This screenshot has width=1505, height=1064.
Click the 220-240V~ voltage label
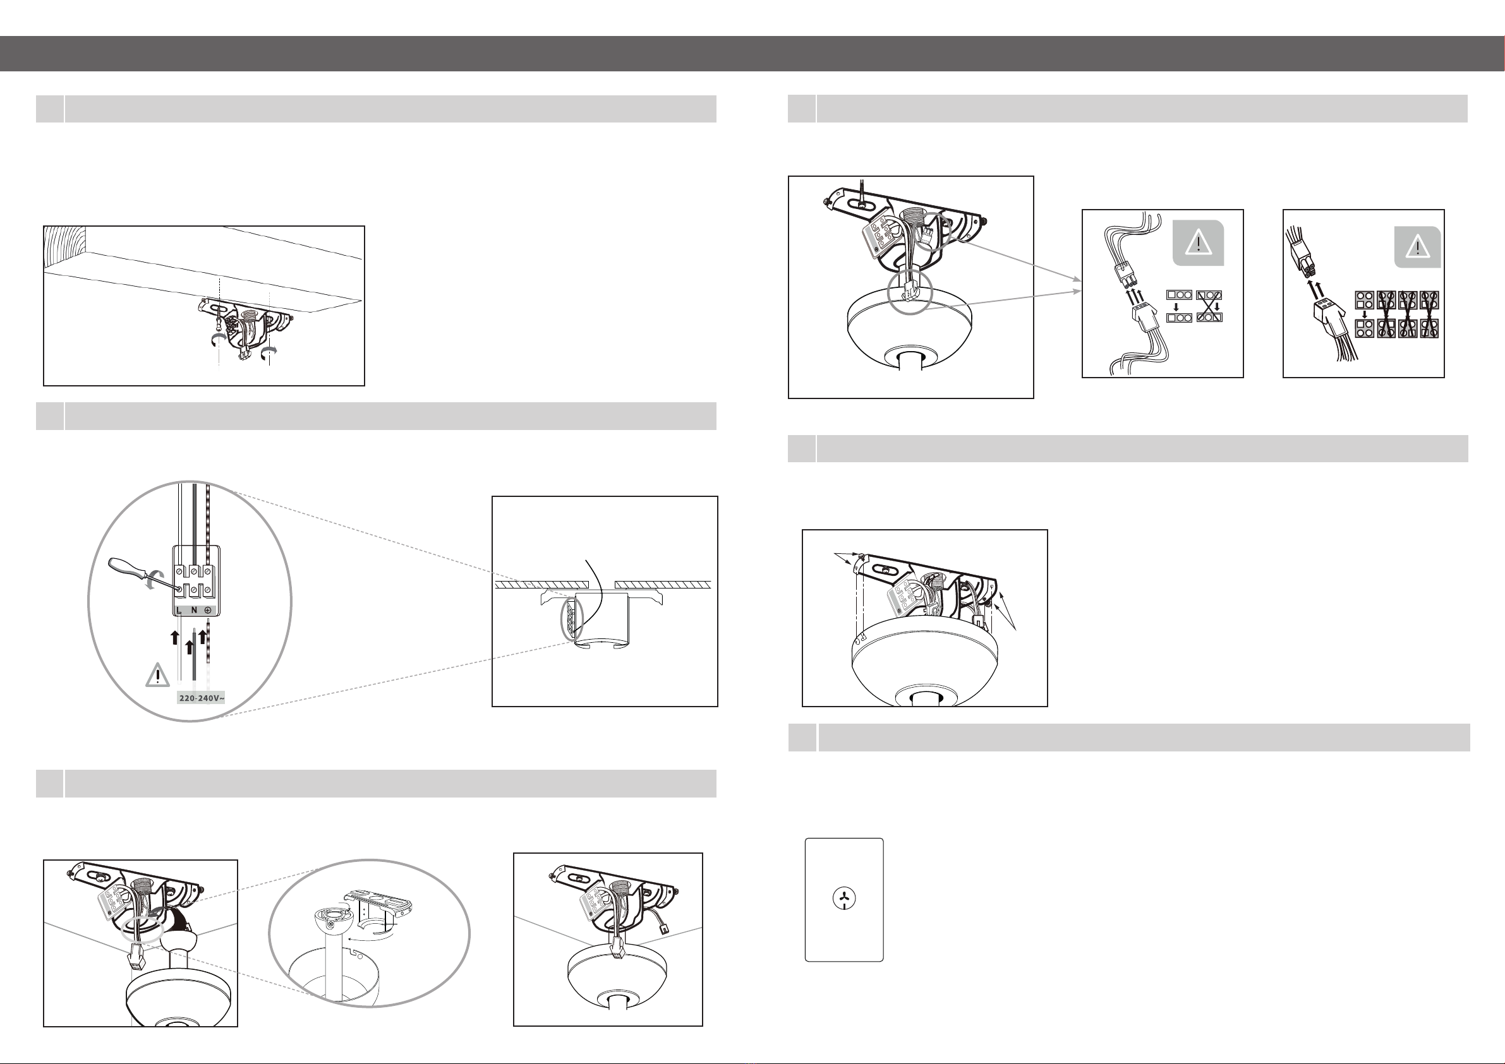[x=202, y=698]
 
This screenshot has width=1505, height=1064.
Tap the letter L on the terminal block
[x=179, y=611]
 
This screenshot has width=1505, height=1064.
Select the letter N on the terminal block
[x=194, y=611]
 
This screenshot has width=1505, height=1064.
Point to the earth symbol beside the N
[x=208, y=611]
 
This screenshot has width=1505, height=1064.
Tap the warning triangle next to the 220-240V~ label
[x=157, y=676]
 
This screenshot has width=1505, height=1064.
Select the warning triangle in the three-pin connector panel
[x=1198, y=243]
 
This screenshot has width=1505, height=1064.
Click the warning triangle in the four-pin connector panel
[x=1418, y=248]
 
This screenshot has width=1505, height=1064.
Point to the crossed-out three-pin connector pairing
[x=1209, y=306]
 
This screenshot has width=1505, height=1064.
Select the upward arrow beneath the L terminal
[x=174, y=638]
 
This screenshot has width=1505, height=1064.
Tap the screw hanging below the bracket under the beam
[x=217, y=324]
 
